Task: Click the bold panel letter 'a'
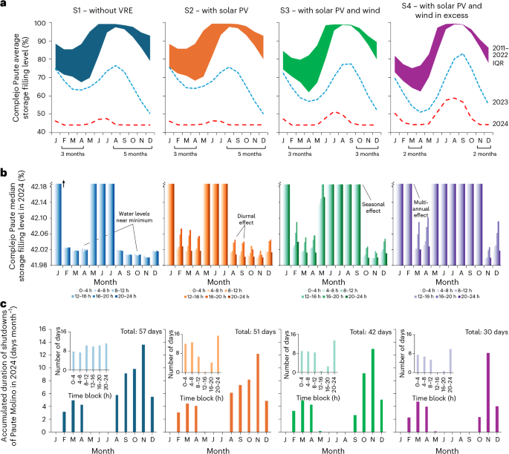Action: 4,4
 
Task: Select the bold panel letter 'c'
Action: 4,304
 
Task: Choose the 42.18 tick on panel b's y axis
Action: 31,185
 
